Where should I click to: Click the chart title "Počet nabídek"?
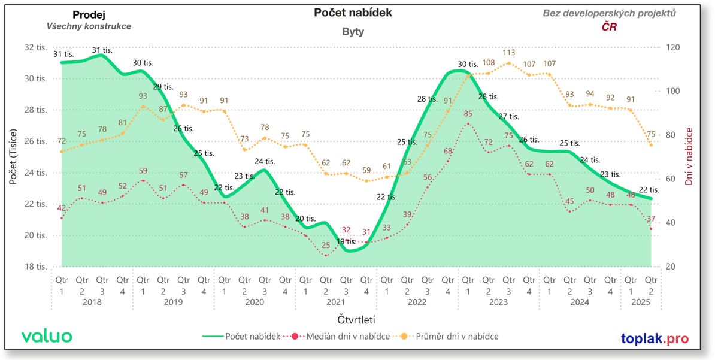coord(353,13)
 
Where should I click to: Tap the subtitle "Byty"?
coord(353,32)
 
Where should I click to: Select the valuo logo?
coord(47,336)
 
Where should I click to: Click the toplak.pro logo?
coord(655,338)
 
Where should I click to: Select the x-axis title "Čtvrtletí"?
coord(356,320)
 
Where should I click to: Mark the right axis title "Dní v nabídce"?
coord(689,156)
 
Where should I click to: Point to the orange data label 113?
coord(508,53)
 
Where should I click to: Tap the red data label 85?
coord(468,114)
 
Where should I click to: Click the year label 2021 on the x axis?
coord(335,302)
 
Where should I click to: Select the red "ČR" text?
coord(609,27)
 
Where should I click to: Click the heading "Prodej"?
coord(89,14)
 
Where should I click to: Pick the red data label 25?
coord(326,245)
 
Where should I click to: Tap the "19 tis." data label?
coord(346,241)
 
